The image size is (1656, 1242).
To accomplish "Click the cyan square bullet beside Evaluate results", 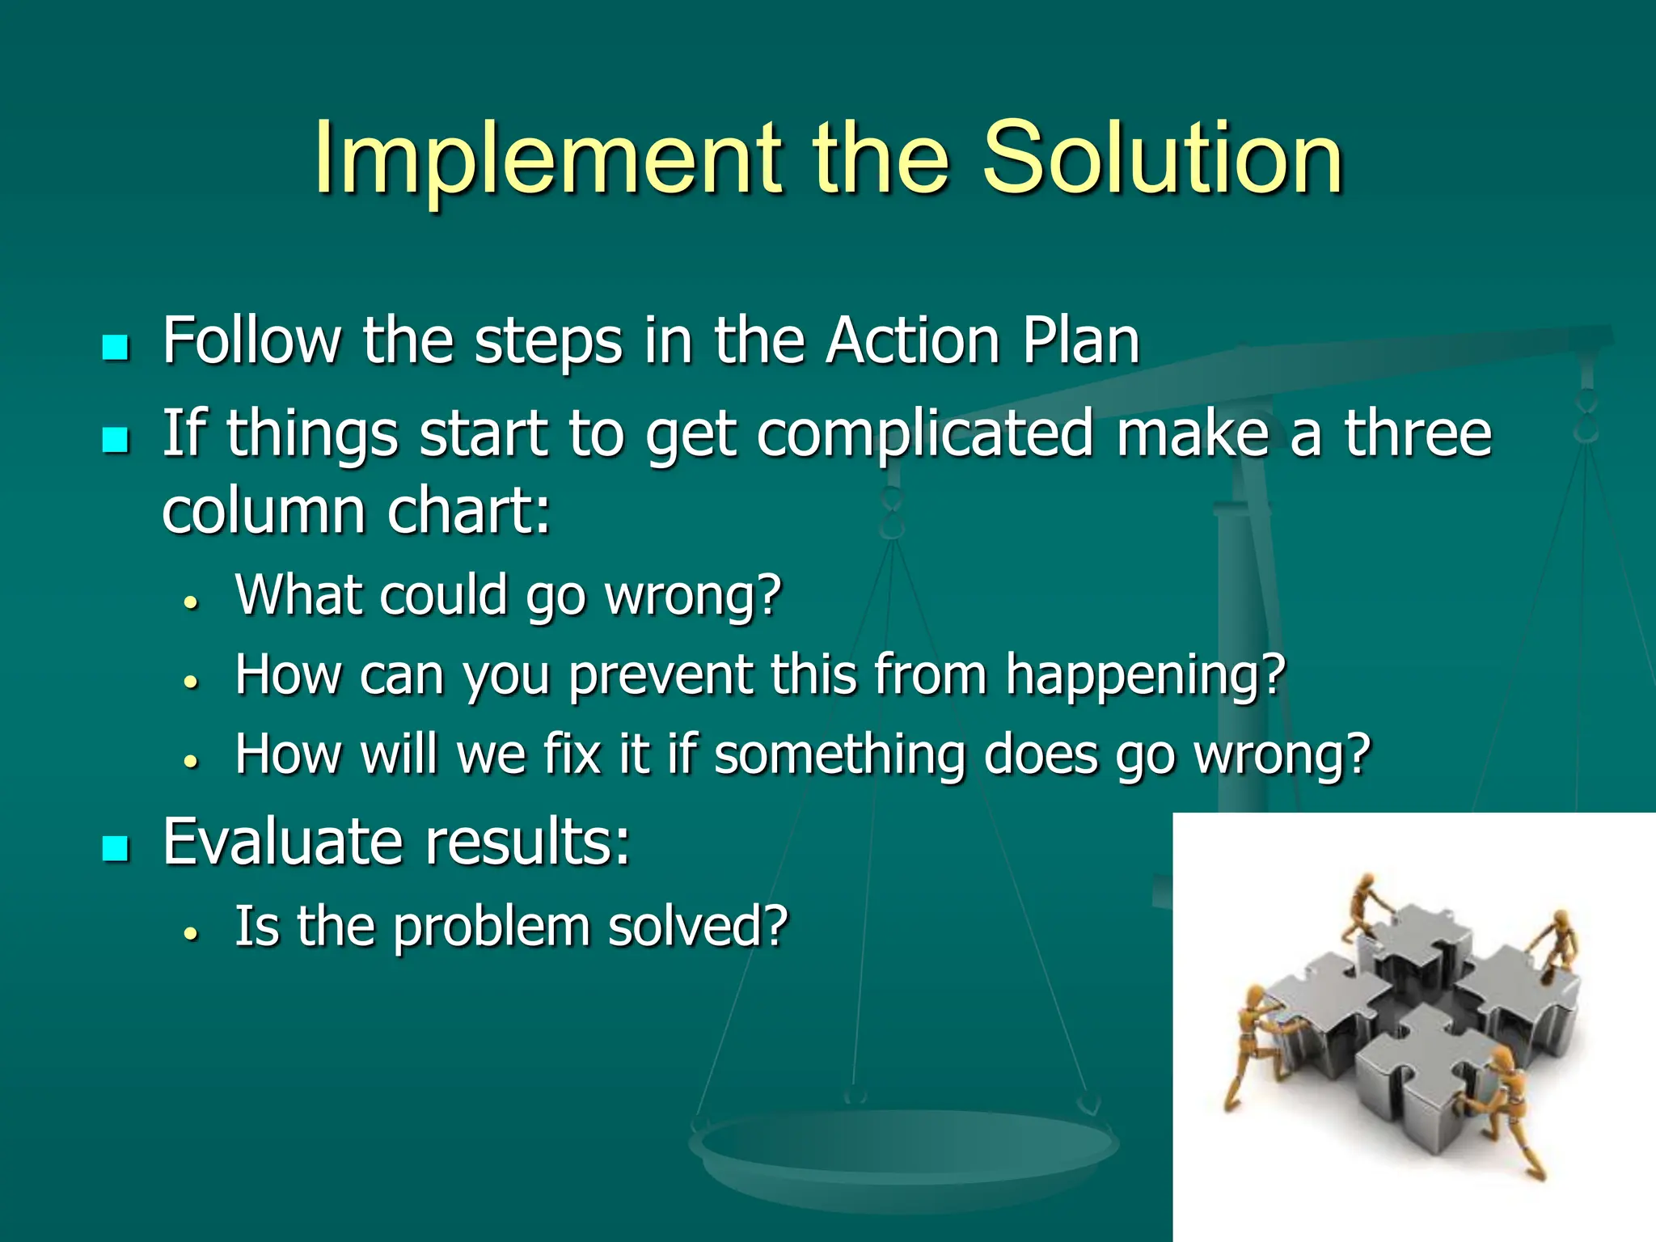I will tap(116, 848).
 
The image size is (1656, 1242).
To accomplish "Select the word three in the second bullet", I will tap(1417, 433).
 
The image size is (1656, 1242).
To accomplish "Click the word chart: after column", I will tap(469, 511).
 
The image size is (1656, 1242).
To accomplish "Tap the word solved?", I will tap(697, 927).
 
